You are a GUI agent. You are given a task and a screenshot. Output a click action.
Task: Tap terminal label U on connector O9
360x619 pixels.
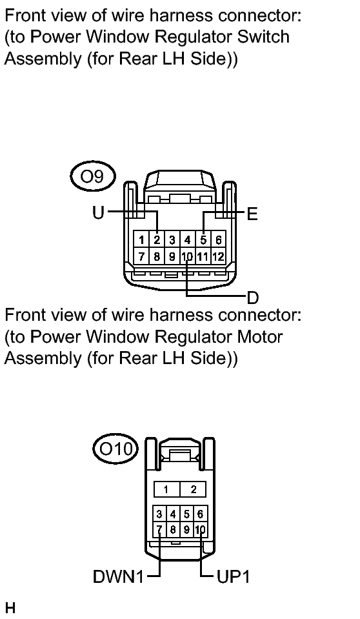pyautogui.click(x=98, y=213)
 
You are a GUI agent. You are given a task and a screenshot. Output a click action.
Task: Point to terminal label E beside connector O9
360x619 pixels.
pyautogui.click(x=252, y=214)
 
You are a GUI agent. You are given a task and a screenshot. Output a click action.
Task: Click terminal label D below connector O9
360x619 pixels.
pyautogui.click(x=253, y=298)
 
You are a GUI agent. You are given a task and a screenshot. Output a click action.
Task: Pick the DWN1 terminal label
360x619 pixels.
pyautogui.click(x=119, y=577)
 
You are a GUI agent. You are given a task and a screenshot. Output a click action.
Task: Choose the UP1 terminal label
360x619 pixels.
pyautogui.click(x=234, y=577)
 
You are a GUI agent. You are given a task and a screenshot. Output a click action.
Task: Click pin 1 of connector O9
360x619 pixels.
pyautogui.click(x=141, y=239)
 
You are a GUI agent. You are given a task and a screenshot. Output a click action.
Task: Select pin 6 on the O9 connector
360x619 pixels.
pyautogui.click(x=218, y=239)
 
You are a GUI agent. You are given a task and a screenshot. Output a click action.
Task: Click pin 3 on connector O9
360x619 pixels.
pyautogui.click(x=172, y=239)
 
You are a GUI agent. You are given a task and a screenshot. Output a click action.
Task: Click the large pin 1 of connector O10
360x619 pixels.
pyautogui.click(x=166, y=489)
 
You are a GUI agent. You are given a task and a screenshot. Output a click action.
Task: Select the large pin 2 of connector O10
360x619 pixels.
pyautogui.click(x=193, y=489)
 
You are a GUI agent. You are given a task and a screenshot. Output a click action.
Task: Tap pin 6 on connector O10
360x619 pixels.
pyautogui.click(x=200, y=514)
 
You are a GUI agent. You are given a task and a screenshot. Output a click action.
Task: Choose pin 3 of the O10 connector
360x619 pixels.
pyautogui.click(x=159, y=514)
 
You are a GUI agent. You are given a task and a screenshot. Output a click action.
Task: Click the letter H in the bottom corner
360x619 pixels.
pyautogui.click(x=10, y=607)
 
